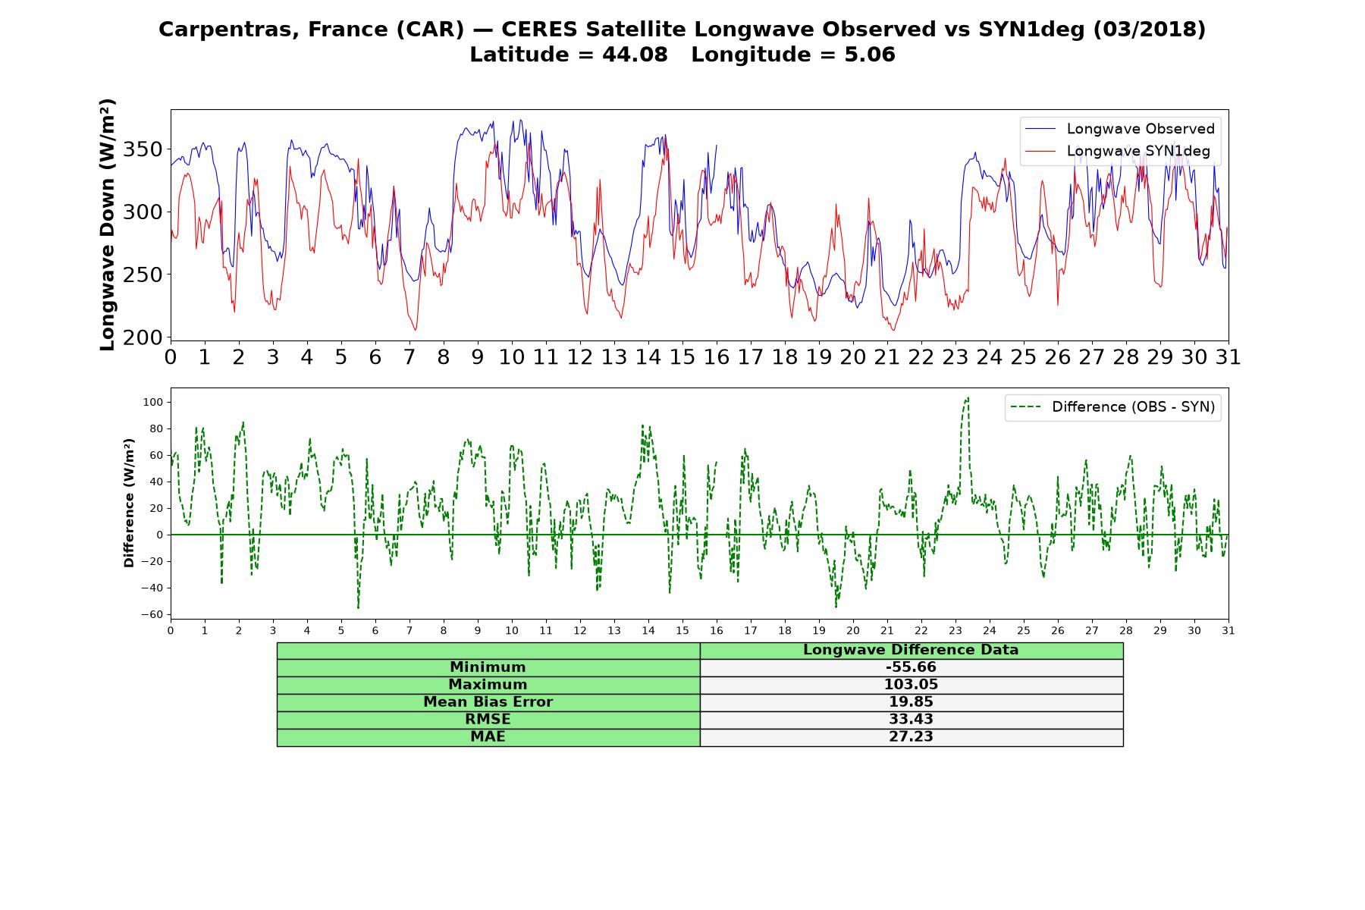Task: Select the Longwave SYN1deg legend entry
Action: tap(1117, 151)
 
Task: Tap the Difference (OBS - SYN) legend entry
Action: tap(1113, 407)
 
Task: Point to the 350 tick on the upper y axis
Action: tap(143, 149)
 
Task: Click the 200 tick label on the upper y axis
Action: tap(143, 337)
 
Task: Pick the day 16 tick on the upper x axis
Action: tap(717, 356)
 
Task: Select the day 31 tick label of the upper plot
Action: tap(1228, 356)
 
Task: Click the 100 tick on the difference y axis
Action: tap(152, 402)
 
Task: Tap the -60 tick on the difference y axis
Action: tap(152, 614)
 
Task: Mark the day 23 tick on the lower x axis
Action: tap(955, 630)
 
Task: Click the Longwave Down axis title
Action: tap(107, 224)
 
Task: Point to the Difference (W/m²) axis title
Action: tap(129, 503)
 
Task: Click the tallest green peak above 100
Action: tap(967, 398)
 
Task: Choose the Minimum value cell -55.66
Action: tap(911, 667)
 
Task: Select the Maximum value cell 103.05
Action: tap(911, 685)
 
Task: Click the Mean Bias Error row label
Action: tap(488, 702)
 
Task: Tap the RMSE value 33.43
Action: tap(911, 720)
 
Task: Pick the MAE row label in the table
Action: tap(488, 737)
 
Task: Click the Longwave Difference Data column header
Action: tap(911, 650)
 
